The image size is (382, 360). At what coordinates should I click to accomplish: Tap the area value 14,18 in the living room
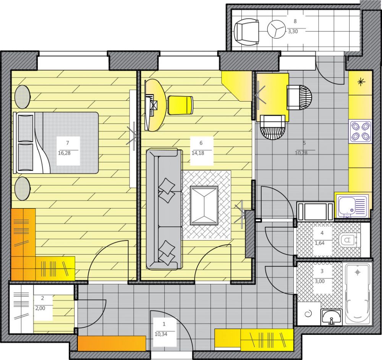click(x=198, y=153)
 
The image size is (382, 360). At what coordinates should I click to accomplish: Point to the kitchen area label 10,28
click(x=301, y=153)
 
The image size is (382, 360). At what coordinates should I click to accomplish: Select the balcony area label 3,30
click(x=293, y=31)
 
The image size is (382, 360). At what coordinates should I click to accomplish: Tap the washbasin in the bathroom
click(x=331, y=317)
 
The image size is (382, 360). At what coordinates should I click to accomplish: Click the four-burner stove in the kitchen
click(x=361, y=132)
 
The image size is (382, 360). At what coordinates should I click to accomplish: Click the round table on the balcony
click(x=276, y=29)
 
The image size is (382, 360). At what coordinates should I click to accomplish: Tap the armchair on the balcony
click(x=246, y=32)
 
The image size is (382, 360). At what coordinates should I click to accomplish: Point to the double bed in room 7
click(x=56, y=143)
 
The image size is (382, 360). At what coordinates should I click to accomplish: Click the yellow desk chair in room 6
click(x=180, y=105)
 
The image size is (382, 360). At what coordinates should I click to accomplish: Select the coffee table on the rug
click(x=204, y=205)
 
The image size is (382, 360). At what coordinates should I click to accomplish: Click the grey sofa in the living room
click(x=164, y=209)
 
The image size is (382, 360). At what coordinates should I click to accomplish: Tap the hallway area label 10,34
click(x=161, y=334)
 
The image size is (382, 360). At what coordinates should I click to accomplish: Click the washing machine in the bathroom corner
click(x=309, y=314)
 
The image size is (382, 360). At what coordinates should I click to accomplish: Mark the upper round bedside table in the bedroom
click(x=23, y=97)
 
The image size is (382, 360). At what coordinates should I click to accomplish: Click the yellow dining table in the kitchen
click(x=273, y=97)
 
